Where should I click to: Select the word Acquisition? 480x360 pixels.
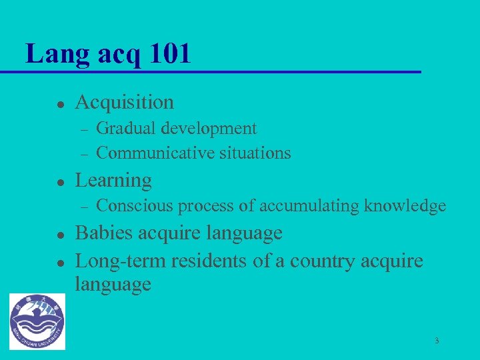[x=125, y=102]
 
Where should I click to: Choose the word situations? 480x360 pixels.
[x=252, y=153]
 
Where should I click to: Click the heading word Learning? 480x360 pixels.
[x=113, y=180]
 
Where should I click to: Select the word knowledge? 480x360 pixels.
[x=405, y=206]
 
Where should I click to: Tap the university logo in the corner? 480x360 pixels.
[x=37, y=321]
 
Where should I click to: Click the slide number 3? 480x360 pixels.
[x=437, y=341]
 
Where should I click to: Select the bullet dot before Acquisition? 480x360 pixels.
[x=59, y=104]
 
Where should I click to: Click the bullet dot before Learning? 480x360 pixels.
[x=59, y=182]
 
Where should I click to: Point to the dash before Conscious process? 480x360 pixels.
[x=82, y=207]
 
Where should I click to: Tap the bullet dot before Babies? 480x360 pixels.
[x=59, y=235]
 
